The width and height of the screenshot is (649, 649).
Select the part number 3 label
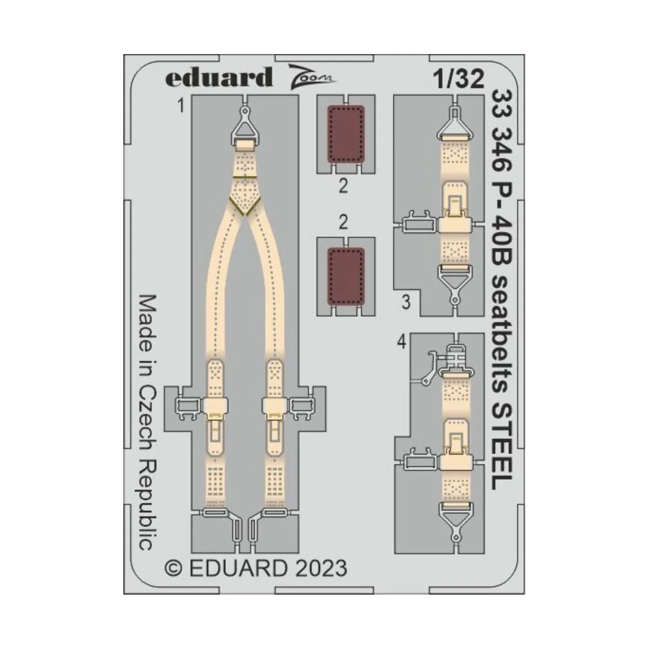click(406, 303)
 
